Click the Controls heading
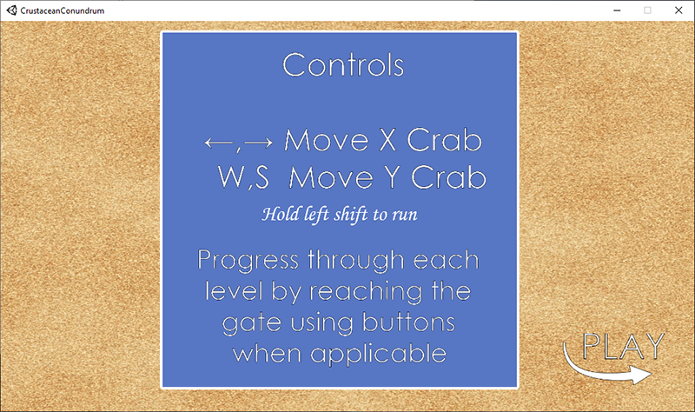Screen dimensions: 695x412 click(x=343, y=64)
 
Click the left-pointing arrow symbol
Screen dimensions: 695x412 click(x=219, y=143)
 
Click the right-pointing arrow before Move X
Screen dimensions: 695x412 click(x=258, y=143)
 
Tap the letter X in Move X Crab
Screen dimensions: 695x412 click(x=387, y=140)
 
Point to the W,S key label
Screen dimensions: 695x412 click(x=243, y=178)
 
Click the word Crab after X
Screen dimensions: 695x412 click(x=444, y=140)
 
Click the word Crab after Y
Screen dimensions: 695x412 click(x=448, y=177)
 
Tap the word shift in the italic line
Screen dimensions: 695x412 click(x=351, y=214)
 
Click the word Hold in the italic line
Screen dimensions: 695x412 click(x=281, y=214)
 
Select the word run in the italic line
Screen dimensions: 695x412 click(x=405, y=215)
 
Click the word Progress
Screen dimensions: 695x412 click(x=248, y=261)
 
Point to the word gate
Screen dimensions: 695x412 click(x=251, y=323)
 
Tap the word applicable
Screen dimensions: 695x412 click(x=378, y=355)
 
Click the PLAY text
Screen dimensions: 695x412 click(x=623, y=346)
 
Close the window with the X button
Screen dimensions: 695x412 click(x=678, y=10)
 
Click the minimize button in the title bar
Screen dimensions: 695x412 click(x=617, y=10)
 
